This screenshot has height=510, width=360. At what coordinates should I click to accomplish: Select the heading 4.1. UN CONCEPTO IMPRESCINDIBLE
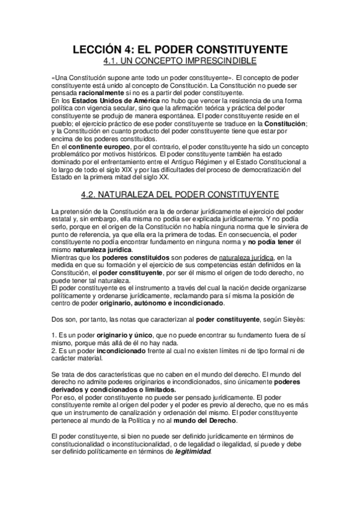point(180,61)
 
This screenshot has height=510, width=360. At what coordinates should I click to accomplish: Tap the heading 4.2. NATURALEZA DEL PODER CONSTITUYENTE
point(180,194)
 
